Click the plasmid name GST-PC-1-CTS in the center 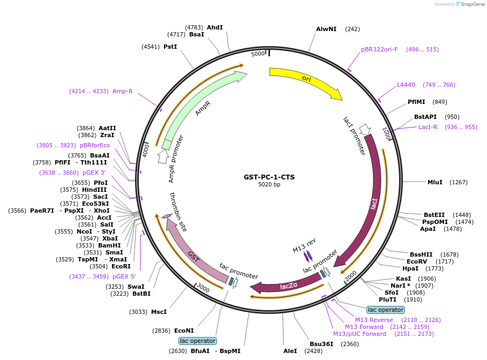coord(269,177)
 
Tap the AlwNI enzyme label coord(326,29)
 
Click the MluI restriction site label coord(435,182)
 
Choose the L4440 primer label coord(406,85)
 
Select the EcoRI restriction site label coord(121,266)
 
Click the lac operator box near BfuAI coord(198,341)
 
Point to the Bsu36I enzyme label coord(321,344)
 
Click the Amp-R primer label coord(122,91)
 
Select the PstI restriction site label coord(170,47)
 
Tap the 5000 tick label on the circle coord(258,54)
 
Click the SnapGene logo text coord(472,4)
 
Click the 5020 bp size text coord(269,185)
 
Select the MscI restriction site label coord(159,312)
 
